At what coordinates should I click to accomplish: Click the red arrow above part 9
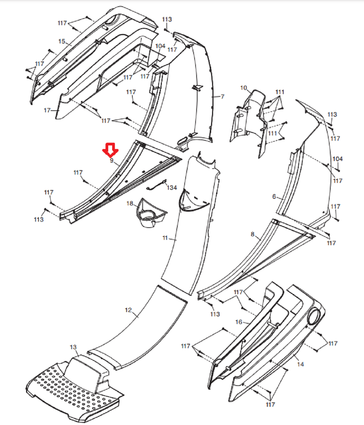coord(110,150)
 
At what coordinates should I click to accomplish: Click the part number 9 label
coord(112,161)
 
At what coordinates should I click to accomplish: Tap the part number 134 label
coord(172,187)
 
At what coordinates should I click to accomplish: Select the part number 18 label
coord(130,203)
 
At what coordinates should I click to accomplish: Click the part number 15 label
coord(62,41)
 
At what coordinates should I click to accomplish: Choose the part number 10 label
coord(244,88)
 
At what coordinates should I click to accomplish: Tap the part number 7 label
coord(222,96)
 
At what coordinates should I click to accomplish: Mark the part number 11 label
coord(165,238)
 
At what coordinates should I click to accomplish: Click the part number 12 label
coord(128,310)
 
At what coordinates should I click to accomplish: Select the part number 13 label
coord(73,347)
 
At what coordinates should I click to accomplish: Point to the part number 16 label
coord(239,322)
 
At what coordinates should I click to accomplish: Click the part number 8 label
coord(252,234)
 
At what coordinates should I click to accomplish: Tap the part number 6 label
coord(274,196)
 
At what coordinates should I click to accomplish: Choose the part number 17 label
coord(47,110)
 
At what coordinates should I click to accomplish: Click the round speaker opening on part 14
coord(314,317)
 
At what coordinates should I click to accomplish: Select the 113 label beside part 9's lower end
coord(39,219)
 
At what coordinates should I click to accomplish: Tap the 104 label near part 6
coord(338,159)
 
